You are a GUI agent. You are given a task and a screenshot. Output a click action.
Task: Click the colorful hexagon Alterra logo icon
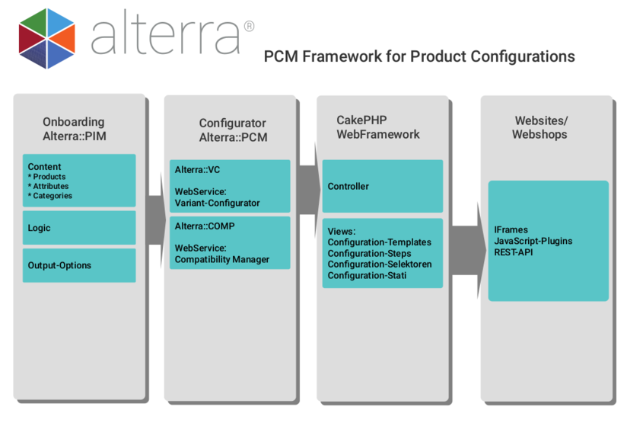tap(46, 38)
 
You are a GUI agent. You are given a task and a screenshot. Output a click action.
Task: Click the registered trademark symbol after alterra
tap(249, 27)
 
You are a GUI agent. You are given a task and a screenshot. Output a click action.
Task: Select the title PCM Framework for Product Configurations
tap(419, 56)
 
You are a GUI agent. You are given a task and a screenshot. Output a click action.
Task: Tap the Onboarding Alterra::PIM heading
tap(74, 129)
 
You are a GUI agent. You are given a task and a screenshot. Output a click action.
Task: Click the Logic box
tap(79, 228)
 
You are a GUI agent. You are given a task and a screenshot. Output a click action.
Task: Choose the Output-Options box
tap(79, 265)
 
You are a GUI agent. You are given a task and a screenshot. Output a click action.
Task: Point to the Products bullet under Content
tap(49, 177)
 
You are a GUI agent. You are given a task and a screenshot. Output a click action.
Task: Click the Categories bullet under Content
tap(52, 196)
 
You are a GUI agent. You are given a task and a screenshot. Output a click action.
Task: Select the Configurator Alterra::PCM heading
tap(233, 130)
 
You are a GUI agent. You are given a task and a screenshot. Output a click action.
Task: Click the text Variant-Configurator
tap(218, 203)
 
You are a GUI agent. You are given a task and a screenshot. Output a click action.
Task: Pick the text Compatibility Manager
tap(222, 259)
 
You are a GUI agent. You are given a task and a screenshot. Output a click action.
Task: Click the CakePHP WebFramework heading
tap(378, 127)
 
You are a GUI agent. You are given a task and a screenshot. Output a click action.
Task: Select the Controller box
tap(382, 186)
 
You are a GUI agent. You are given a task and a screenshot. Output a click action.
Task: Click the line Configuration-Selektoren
tap(379, 264)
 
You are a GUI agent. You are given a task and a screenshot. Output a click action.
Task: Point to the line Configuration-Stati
tap(367, 274)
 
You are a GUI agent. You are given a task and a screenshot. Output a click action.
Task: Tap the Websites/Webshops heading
tap(541, 128)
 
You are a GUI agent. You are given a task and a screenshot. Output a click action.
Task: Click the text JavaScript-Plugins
tap(533, 241)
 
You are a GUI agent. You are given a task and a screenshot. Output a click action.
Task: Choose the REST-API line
tap(514, 252)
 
